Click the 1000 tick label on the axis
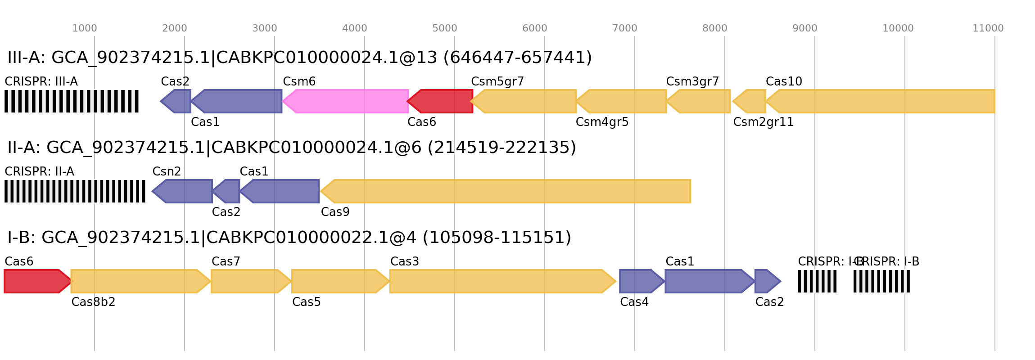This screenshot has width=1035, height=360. coord(85,28)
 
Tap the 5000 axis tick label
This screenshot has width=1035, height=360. coord(445,28)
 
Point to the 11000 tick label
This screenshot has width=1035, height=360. coord(988,28)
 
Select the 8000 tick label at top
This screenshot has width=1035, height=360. coord(715,28)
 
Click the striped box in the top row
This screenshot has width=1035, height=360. coord(72,101)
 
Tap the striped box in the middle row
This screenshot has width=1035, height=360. coord(75,191)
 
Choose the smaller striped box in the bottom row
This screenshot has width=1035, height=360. coord(817,281)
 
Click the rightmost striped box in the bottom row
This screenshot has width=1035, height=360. coord(881,281)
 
